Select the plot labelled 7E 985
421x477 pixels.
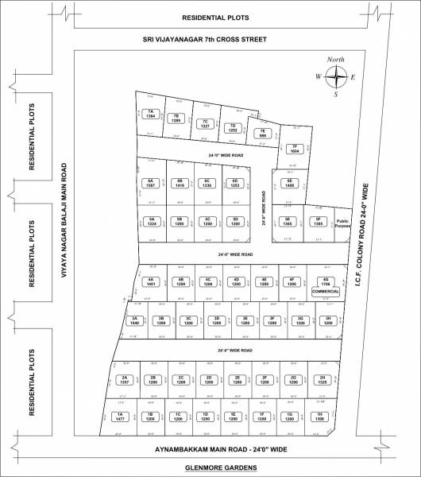260,134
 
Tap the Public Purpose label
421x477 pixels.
342,223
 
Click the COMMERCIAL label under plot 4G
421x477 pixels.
325,292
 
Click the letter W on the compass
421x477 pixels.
317,76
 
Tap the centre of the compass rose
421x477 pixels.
338,76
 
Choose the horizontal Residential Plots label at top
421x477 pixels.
216,16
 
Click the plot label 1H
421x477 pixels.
319,417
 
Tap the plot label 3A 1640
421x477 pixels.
134,320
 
